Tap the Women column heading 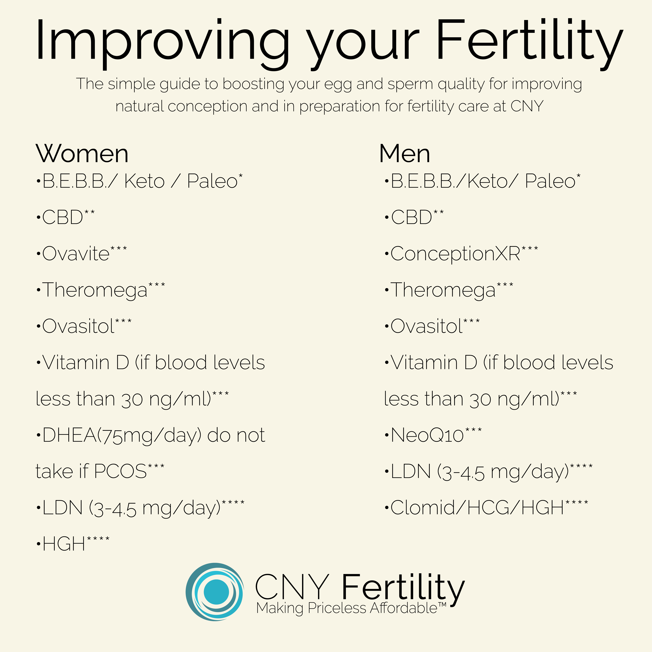[x=82, y=154]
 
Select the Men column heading [x=405, y=154]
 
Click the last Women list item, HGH [x=63, y=544]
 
